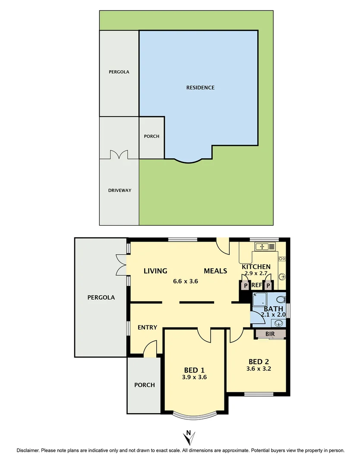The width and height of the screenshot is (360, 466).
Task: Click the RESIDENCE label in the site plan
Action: pos(200,88)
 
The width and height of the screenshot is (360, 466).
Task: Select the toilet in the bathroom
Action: pos(281,299)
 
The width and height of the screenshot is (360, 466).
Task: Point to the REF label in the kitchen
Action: pos(256,285)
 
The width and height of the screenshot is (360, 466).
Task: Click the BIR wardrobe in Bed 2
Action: pos(271,334)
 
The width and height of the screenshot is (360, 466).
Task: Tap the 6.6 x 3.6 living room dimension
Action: pos(185,281)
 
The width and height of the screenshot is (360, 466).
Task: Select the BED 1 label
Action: pos(194,370)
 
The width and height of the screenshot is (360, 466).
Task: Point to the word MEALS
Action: pos(215,271)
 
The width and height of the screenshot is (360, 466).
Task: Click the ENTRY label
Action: pos(147,327)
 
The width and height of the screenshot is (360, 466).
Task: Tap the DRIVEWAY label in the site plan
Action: pos(120,190)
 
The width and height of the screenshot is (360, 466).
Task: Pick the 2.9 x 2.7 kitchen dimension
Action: pos(256,274)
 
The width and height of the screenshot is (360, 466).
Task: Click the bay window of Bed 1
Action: pos(194,416)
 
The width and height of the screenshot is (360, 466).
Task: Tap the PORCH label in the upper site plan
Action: pos(152,136)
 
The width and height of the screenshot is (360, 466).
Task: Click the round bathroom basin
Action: pos(279,322)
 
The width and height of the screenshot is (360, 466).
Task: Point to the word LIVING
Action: pos(155,271)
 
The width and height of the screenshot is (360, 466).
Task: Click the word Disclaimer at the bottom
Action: pos(28,450)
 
